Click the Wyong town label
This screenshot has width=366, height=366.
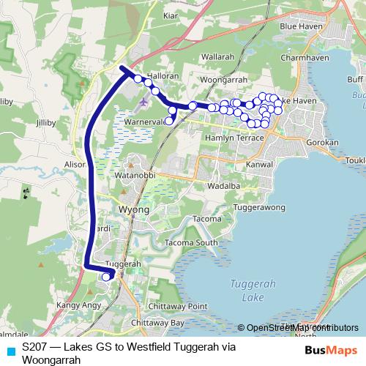[x=133, y=209]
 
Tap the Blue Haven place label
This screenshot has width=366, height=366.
[x=297, y=26]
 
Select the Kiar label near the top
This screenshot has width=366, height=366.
[x=171, y=15]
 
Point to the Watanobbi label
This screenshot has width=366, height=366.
[x=132, y=176]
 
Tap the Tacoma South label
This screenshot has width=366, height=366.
[x=191, y=243]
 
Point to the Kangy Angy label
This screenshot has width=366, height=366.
[x=75, y=305]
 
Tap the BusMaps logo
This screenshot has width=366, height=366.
[x=326, y=351]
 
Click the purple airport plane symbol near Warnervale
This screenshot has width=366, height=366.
[x=143, y=102]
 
